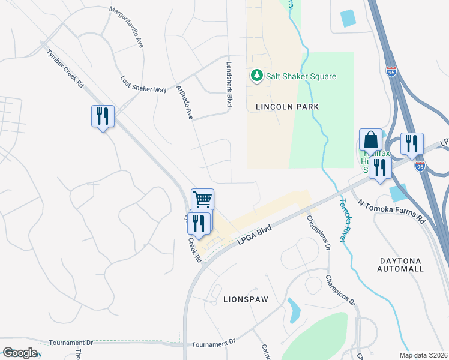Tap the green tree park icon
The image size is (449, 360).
tap(256, 76)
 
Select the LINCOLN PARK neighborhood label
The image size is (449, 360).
tap(286, 106)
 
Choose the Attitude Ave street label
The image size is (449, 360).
tap(184, 101)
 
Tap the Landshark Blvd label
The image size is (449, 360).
tap(229, 84)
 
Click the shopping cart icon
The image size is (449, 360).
tap(202, 199)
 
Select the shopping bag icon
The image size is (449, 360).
tap(371, 140)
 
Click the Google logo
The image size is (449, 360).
tap(19, 353)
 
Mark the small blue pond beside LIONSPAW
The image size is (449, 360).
tap(294, 310)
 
